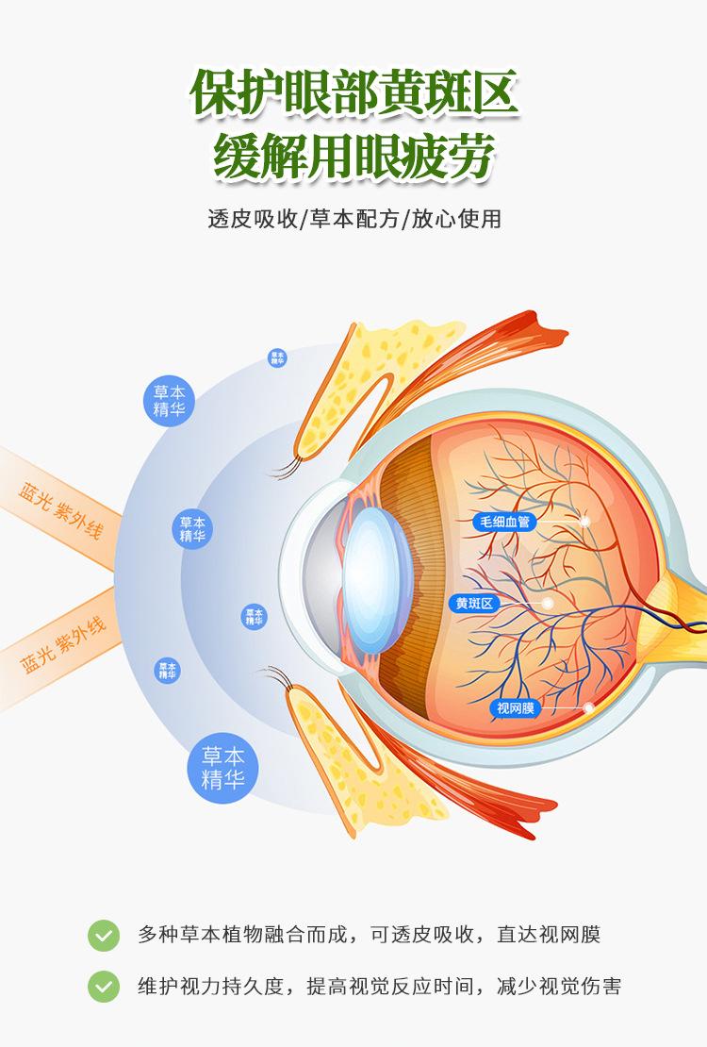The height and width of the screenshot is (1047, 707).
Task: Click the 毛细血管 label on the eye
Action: (506, 521)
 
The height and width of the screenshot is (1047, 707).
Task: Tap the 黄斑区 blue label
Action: (474, 604)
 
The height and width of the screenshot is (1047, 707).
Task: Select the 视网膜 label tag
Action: (514, 707)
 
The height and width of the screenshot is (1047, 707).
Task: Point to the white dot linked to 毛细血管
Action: (584, 521)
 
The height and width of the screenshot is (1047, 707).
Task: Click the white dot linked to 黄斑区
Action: (547, 604)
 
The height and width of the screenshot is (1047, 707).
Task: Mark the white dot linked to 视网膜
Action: (589, 707)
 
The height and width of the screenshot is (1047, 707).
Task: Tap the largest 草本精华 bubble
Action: (222, 769)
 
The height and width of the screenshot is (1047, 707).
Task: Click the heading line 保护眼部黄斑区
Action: (353, 94)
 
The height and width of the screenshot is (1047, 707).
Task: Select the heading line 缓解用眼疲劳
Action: (353, 155)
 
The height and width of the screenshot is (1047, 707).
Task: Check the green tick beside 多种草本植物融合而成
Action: (104, 935)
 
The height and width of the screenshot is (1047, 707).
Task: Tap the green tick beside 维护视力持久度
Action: (104, 987)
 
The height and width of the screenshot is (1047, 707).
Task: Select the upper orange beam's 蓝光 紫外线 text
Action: (61, 509)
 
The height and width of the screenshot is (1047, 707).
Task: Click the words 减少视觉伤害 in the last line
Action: (568, 987)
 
